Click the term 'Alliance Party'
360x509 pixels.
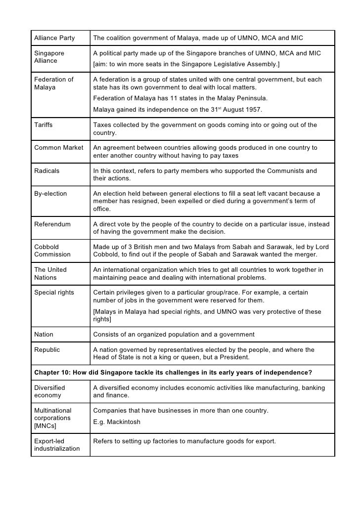pos(54,38)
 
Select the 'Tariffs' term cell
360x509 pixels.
pos(44,125)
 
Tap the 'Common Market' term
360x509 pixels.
pos(58,148)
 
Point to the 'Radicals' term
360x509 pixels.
pos(46,171)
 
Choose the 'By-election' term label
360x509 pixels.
pos(50,194)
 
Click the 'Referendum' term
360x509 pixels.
pos(52,224)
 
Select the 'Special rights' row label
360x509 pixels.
pos(54,293)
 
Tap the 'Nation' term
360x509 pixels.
pos(44,335)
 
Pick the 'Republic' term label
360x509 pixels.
pos(47,350)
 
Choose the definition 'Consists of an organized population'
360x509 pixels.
pos(174,335)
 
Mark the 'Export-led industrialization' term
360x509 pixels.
pos(57,445)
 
